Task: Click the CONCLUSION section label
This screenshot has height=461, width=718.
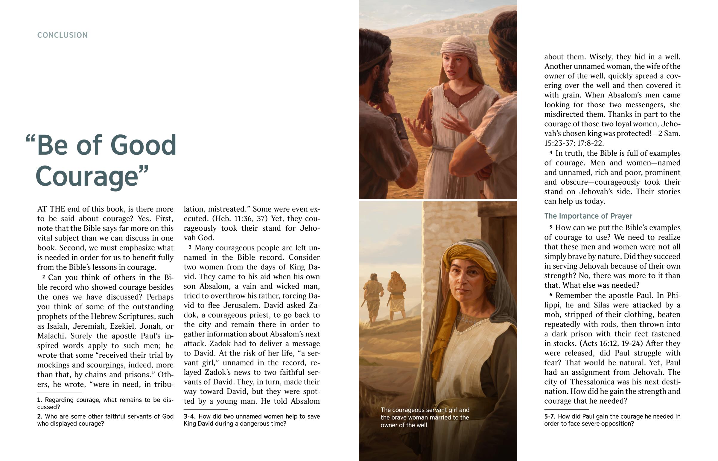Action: pyautogui.click(x=62, y=35)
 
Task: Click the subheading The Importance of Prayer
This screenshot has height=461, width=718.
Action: pyautogui.click(x=588, y=216)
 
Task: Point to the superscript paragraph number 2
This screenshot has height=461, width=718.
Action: pyautogui.click(x=44, y=276)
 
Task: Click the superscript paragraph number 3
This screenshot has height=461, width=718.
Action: pyautogui.click(x=190, y=247)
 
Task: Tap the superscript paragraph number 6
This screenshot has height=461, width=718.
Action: pyautogui.click(x=550, y=294)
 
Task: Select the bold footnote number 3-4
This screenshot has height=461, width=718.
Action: pyautogui.click(x=189, y=416)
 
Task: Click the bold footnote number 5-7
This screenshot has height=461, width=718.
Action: pyautogui.click(x=550, y=416)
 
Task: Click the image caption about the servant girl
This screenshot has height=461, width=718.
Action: pyautogui.click(x=425, y=417)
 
